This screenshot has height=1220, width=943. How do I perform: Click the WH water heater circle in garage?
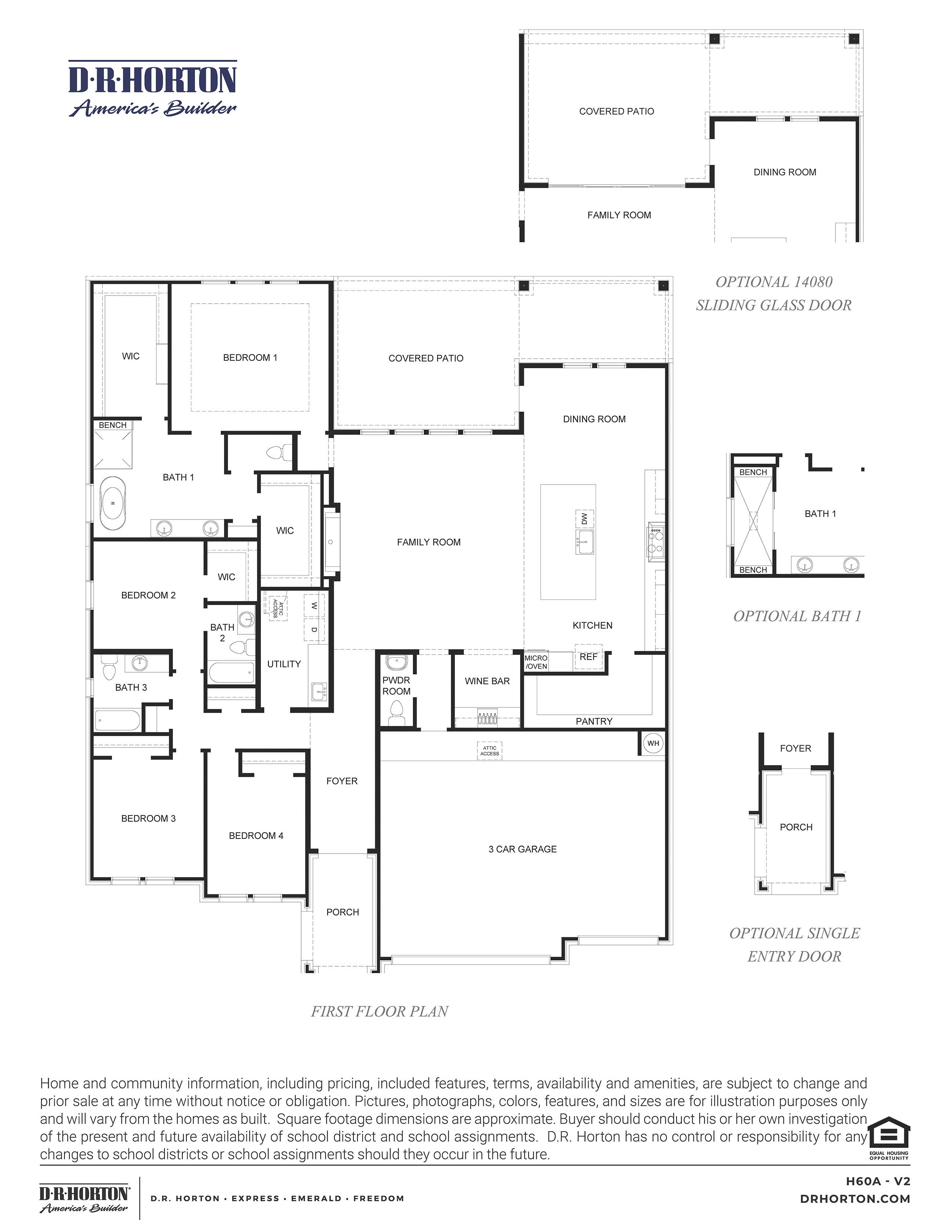(653, 743)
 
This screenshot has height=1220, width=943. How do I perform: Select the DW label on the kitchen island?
(584, 519)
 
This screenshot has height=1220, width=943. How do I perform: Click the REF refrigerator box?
(588, 657)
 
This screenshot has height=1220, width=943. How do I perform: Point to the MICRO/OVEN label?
(536, 662)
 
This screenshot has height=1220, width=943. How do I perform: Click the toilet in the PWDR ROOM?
(397, 712)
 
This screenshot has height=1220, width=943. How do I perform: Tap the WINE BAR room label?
(487, 681)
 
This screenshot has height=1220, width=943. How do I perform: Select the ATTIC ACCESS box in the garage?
(489, 750)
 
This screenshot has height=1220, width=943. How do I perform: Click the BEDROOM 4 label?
(256, 836)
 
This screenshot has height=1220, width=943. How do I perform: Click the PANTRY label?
(594, 721)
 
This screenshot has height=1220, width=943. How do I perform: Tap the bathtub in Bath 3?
(117, 720)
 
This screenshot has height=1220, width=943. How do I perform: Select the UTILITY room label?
(284, 664)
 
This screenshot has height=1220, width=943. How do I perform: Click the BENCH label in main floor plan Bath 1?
(112, 425)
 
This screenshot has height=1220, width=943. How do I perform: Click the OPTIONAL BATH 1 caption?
(797, 616)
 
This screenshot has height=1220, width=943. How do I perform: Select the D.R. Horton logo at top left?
(152, 89)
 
